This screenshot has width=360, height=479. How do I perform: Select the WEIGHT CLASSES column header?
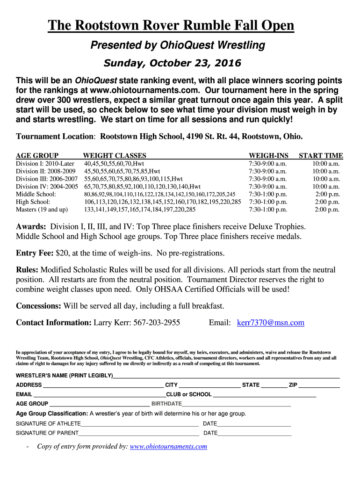point(115,156)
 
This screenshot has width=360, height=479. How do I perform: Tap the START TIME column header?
point(321,156)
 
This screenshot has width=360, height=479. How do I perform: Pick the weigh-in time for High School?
point(268,202)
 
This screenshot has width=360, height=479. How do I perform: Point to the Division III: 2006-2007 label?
point(47,179)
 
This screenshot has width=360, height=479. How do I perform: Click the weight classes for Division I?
point(114,164)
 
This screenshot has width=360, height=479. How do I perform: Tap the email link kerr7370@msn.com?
point(271,323)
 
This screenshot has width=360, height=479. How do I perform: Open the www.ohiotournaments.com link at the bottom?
point(168,447)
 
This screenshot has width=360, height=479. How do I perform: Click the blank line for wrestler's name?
point(226,377)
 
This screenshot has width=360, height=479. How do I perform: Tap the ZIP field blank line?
point(319,386)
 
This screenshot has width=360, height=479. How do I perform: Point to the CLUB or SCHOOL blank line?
point(264,395)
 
